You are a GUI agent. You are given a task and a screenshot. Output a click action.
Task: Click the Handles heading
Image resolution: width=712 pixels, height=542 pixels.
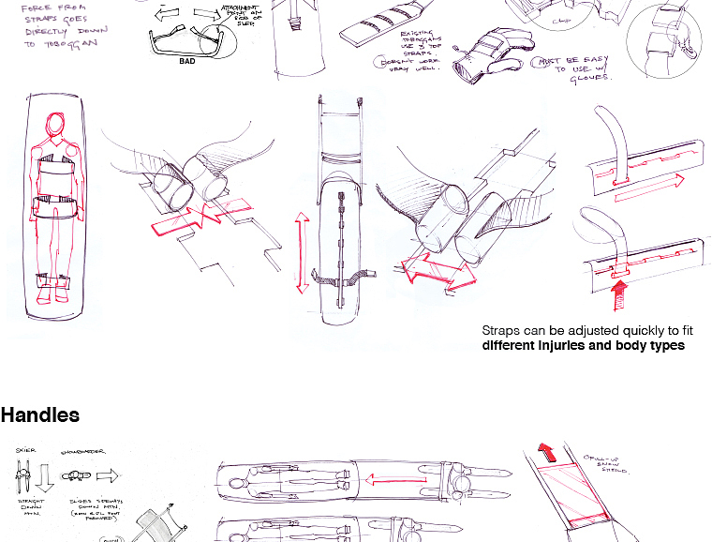(40, 415)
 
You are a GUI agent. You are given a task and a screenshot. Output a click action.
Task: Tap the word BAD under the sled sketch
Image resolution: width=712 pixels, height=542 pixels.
(187, 62)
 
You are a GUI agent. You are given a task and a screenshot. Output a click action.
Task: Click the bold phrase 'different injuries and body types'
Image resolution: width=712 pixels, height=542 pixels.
(583, 346)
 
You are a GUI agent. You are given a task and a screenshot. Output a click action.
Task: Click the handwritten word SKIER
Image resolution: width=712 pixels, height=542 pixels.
(25, 451)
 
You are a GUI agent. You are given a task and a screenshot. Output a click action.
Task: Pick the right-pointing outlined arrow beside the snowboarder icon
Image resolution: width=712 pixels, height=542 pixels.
(107, 475)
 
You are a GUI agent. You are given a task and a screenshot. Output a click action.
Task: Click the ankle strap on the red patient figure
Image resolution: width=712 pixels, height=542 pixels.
(53, 280)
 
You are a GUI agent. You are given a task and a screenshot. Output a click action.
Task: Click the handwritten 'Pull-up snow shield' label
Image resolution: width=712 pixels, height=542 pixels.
(607, 463)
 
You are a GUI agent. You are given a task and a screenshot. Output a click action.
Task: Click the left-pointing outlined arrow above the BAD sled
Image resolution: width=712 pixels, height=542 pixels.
(169, 16)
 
